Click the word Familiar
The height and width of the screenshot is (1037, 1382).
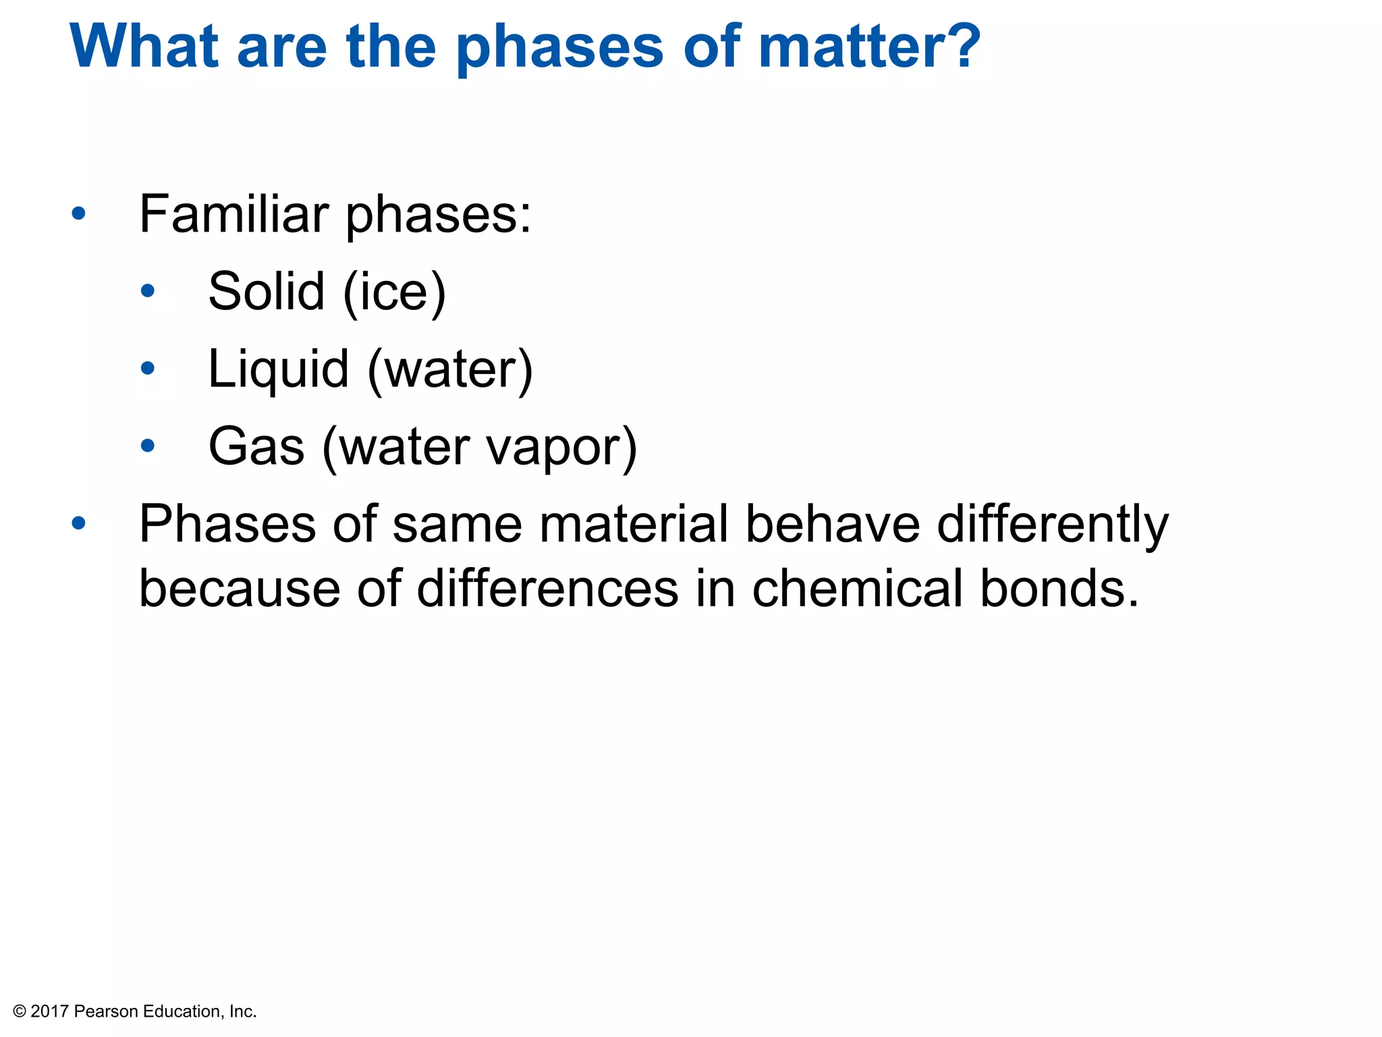coord(233,214)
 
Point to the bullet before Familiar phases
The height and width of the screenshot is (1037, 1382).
coord(79,214)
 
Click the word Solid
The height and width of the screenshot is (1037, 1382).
coord(267,291)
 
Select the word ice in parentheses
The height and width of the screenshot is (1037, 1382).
coord(394,292)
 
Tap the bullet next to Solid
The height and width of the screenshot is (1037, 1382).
coord(148,292)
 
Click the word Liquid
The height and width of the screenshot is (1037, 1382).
coord(278,370)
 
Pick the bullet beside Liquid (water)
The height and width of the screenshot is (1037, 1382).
coord(148,369)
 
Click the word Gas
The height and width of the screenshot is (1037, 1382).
coord(256,447)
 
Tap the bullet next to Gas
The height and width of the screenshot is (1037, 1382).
coord(148,446)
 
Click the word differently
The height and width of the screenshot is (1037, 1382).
coord(1053,525)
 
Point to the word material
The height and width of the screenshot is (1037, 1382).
coord(634,525)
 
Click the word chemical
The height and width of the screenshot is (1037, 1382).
coord(857,589)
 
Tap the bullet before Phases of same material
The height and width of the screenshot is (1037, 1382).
coord(79,523)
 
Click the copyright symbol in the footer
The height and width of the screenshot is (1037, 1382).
coord(20,1011)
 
